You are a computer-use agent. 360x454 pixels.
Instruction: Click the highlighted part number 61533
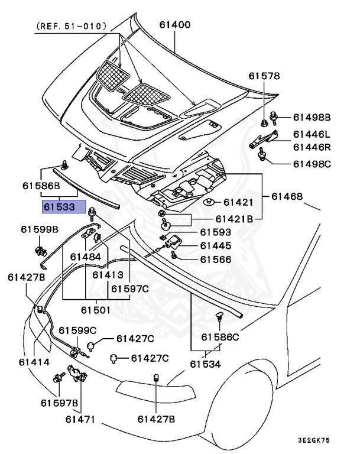(x=58, y=207)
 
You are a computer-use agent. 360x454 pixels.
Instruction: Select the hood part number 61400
(x=175, y=25)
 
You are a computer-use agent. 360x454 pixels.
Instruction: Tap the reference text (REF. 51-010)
(x=72, y=26)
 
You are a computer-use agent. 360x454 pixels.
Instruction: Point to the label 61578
(x=264, y=76)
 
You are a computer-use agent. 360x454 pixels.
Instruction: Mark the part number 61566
(x=215, y=259)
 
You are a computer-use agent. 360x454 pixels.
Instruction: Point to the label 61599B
(x=40, y=229)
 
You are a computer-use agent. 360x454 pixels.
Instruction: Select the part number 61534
(x=205, y=364)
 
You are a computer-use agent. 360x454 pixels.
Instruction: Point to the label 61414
(x=34, y=362)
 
